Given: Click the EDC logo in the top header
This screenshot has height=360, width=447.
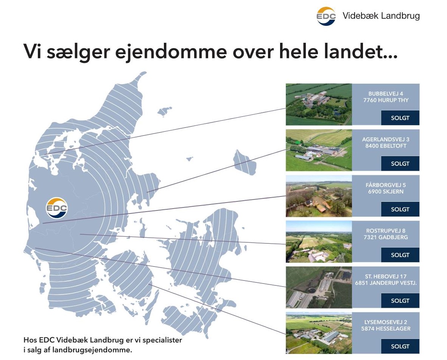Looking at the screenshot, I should [326, 16].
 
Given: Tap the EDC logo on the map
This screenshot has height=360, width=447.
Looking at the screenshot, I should [57, 208].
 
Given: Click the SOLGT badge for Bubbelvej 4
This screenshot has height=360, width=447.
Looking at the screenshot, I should [400, 118].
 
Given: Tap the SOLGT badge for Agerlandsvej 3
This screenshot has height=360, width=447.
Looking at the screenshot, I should [400, 164].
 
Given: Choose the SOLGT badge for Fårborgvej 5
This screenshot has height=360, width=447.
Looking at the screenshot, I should [400, 209].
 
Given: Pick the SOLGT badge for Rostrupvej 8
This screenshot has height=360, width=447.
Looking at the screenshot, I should [400, 255].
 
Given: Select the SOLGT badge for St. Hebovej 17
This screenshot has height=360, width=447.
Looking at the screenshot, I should [400, 301].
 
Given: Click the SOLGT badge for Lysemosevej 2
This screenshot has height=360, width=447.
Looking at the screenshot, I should [400, 346].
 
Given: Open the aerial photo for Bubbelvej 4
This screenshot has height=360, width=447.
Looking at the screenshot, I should [318, 104].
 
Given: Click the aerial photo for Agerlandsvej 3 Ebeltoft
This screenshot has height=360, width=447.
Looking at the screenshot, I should [318, 150].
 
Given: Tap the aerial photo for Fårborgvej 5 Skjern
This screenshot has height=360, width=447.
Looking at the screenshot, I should [318, 196].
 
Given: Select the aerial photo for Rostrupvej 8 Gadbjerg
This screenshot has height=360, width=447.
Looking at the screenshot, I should [318, 242].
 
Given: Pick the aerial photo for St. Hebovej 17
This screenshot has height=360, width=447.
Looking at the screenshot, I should [318, 287].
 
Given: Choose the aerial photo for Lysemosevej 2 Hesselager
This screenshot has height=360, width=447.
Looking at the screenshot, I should [318, 333].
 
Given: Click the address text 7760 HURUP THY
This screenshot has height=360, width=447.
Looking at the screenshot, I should [386, 100].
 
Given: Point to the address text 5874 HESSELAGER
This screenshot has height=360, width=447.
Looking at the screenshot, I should [386, 329].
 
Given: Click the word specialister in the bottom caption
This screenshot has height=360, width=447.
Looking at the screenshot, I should [163, 340].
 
